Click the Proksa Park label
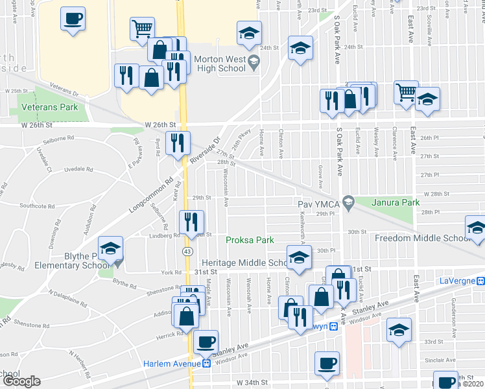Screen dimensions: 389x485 [250, 240]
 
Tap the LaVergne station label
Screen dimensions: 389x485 [453, 281]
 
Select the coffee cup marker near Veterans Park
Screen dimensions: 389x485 [73, 19]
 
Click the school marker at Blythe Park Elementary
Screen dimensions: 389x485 [110, 248]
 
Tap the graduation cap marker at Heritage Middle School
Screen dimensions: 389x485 [298, 257]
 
